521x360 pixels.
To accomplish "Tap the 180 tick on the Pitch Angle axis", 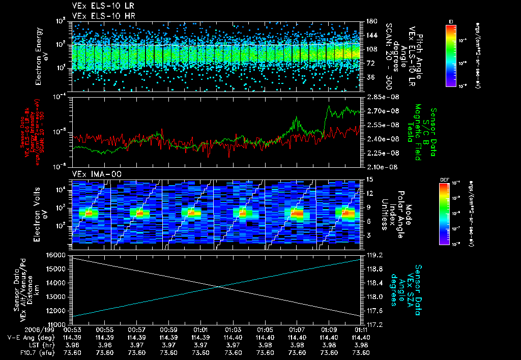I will (x=369, y=21).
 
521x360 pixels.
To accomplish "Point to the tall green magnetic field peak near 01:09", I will (x=329, y=107).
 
